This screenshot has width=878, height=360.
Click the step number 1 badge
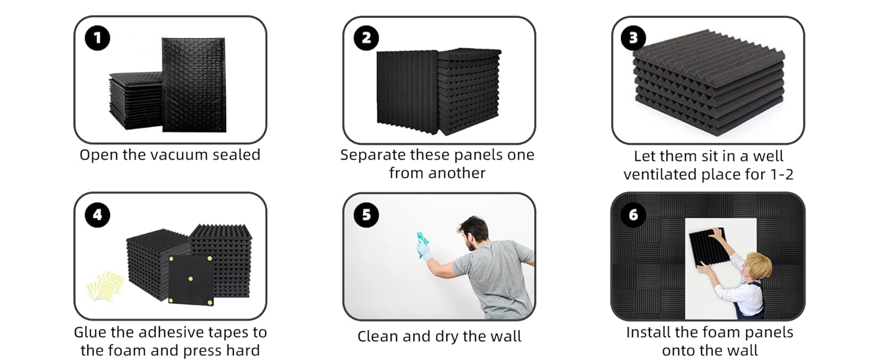tap(97, 38)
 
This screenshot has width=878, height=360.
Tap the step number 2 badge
tap(366, 38)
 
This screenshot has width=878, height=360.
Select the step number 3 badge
tap(633, 38)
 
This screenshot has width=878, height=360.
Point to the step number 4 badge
tap(97, 215)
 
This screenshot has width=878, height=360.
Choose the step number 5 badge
tap(366, 215)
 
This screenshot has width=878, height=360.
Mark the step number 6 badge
tap(633, 215)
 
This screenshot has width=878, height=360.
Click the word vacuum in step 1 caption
tap(179, 155)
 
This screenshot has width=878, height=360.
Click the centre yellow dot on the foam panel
tap(191, 279)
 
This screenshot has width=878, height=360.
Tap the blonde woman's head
tap(759, 268)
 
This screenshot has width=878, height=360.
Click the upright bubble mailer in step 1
tap(194, 85)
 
